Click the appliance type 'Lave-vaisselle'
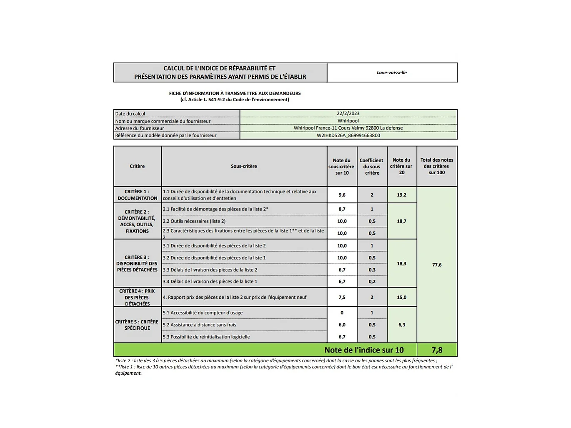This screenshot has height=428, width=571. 391,73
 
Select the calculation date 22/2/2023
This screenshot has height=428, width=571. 348,113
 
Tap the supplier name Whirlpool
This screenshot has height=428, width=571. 348,121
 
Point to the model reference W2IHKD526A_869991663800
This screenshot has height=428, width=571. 348,135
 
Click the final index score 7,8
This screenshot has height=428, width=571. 437,350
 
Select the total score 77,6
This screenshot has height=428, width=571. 437,265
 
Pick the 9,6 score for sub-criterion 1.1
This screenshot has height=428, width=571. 342,195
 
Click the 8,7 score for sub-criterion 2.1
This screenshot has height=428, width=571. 342,209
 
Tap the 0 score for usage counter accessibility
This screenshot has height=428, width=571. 342,313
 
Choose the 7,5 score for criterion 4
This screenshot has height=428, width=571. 342,297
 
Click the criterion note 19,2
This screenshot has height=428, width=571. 401,195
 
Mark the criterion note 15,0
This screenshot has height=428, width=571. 401,297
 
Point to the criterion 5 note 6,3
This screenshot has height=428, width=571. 401,325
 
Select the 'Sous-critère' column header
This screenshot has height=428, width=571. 244,166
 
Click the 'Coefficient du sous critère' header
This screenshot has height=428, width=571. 371,166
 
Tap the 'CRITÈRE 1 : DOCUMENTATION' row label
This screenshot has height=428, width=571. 137,195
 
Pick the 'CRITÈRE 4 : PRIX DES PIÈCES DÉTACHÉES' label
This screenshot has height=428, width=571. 137,297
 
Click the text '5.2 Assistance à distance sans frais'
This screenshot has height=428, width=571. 199,325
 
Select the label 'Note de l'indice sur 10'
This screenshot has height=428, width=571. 364,350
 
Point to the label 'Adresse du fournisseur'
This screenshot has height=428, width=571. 140,128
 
